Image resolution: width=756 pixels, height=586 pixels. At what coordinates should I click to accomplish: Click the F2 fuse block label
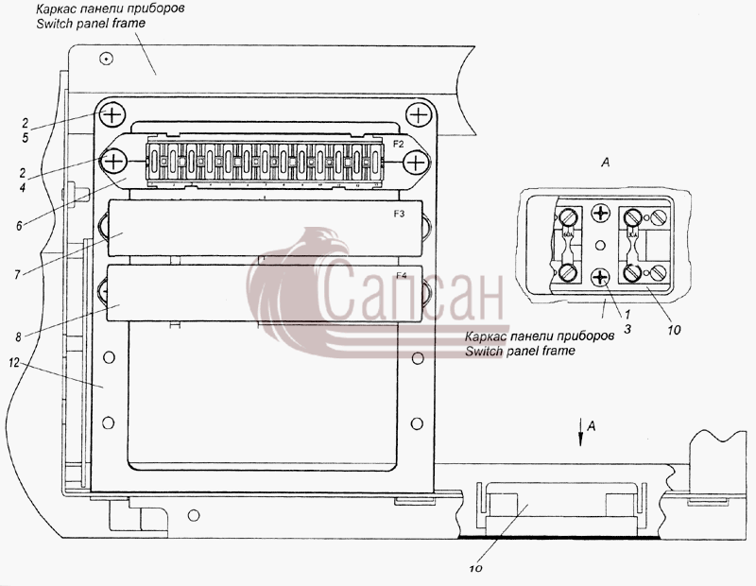click(398, 144)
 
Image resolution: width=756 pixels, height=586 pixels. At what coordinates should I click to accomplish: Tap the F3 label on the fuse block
click(399, 214)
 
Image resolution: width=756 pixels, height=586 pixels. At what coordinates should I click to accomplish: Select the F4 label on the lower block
click(401, 275)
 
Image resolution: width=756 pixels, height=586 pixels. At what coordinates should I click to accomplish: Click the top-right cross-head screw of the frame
click(418, 115)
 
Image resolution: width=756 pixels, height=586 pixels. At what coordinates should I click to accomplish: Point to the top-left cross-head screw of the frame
click(112, 115)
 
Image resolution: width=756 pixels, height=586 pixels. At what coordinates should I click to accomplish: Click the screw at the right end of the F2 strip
click(416, 162)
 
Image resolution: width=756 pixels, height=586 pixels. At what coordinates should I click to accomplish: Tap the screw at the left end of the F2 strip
click(112, 161)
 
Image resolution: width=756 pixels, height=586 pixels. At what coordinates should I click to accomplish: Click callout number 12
click(13, 362)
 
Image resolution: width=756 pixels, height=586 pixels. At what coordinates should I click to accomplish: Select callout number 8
click(18, 336)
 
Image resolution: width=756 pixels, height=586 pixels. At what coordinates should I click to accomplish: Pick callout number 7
click(17, 274)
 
